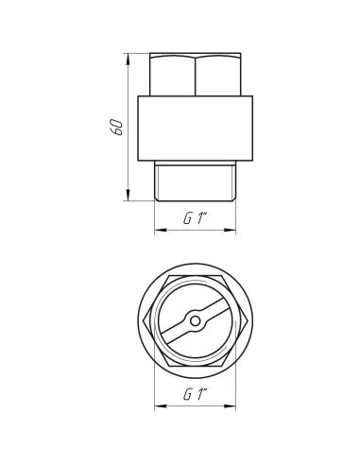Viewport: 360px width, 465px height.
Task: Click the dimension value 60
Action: (x=116, y=128)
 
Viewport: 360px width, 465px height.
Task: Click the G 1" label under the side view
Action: (x=196, y=218)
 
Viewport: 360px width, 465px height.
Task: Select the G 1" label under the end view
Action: (x=196, y=394)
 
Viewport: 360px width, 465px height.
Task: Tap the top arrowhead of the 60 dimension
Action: (x=128, y=60)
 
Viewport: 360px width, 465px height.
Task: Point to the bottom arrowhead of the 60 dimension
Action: (x=128, y=195)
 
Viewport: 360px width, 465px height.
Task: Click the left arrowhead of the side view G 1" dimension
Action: (x=161, y=230)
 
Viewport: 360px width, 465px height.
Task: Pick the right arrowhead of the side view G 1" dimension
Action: (x=230, y=230)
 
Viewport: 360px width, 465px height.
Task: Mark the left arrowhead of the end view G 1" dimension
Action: (x=161, y=406)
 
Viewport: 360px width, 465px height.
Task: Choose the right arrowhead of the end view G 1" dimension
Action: (x=230, y=406)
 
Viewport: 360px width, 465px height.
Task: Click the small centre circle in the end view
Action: (x=196, y=321)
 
